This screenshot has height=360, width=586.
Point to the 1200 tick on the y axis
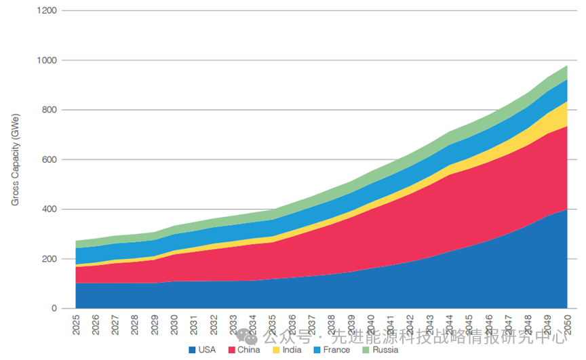[x=46, y=12]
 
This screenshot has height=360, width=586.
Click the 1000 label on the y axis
[x=46, y=61]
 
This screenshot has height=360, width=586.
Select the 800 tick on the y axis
[x=49, y=111]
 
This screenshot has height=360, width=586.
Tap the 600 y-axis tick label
[x=49, y=160]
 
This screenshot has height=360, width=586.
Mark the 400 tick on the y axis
[x=49, y=209]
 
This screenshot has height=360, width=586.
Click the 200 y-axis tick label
[x=49, y=259]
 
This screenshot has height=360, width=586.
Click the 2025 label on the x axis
[x=76, y=324]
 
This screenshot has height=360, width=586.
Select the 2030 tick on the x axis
[x=174, y=324]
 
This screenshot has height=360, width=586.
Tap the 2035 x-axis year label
[x=273, y=324]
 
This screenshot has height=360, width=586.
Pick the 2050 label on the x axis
[x=567, y=324]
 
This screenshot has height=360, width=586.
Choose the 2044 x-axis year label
[x=449, y=324]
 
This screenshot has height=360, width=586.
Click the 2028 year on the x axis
[x=135, y=324]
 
